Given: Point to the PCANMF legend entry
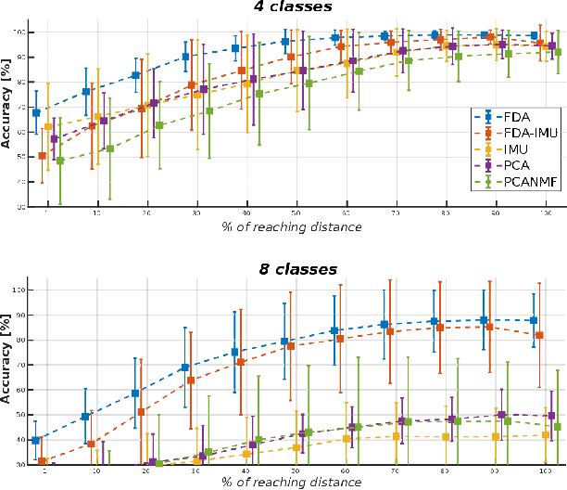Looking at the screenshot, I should click(x=521, y=184).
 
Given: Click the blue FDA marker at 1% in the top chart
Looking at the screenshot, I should click(x=36, y=112).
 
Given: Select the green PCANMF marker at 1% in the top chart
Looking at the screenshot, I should click(x=60, y=161).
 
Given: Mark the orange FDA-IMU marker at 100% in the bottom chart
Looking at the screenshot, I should click(x=540, y=335).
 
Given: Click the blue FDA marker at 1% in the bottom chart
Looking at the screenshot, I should click(x=36, y=440).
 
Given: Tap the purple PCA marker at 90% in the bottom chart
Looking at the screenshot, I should click(x=501, y=415).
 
